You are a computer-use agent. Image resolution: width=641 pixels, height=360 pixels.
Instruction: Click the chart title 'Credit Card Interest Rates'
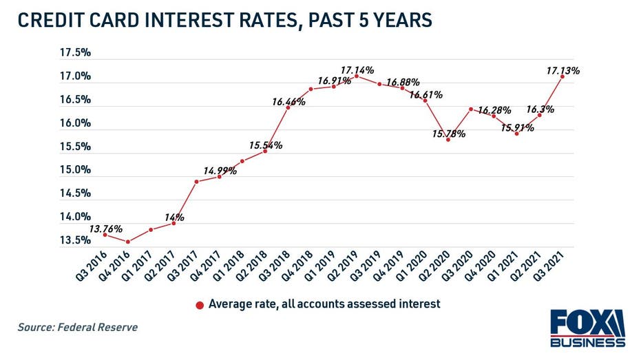pos(224,20)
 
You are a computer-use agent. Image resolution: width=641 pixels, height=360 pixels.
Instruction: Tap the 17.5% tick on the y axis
pos(76,52)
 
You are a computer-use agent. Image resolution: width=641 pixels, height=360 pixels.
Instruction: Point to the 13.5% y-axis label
pos(76,240)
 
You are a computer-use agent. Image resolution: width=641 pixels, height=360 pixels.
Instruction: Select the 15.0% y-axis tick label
pos(76,170)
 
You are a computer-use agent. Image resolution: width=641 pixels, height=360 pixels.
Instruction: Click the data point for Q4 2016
pos(127,242)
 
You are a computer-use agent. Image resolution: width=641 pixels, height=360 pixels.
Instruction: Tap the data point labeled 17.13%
pos(563,76)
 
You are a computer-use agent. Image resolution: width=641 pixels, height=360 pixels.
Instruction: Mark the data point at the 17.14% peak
pos(356,76)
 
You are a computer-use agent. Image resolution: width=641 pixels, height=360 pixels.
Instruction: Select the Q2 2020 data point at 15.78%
pos(448,140)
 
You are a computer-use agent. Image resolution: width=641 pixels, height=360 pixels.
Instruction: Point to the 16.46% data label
pos(288,102)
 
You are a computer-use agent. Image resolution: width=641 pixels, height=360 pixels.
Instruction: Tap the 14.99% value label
pos(220,170)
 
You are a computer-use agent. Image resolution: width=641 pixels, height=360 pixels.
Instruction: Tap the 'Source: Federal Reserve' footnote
pos(77,328)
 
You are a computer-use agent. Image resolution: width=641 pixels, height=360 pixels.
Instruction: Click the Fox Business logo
pos(587,328)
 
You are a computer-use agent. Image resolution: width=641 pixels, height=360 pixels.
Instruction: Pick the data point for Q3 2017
pos(196,182)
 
